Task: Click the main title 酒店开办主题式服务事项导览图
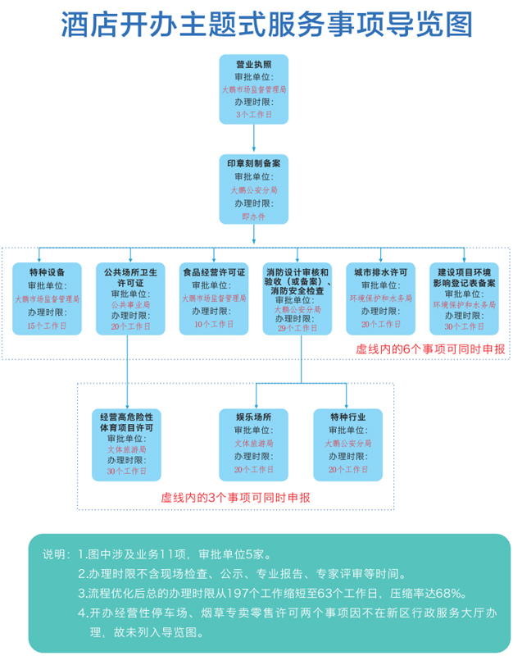pyautogui.click(x=256, y=25)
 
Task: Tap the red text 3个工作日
pyautogui.click(x=253, y=115)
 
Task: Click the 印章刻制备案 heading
pyautogui.click(x=253, y=164)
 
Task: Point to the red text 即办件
pyautogui.click(x=253, y=216)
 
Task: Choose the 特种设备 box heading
pyautogui.click(x=47, y=271)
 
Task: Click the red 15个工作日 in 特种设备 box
pyautogui.click(x=47, y=326)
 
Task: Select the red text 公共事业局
pyautogui.click(x=130, y=303)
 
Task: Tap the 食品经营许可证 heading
pyautogui.click(x=214, y=271)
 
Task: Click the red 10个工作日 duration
pyautogui.click(x=214, y=325)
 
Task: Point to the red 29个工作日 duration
pyautogui.click(x=297, y=328)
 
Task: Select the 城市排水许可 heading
pyautogui.click(x=381, y=271)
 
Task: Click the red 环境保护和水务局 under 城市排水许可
pyautogui.click(x=381, y=298)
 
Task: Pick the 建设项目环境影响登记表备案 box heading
pyautogui.click(x=465, y=277)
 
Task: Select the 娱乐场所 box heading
pyautogui.click(x=253, y=417)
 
